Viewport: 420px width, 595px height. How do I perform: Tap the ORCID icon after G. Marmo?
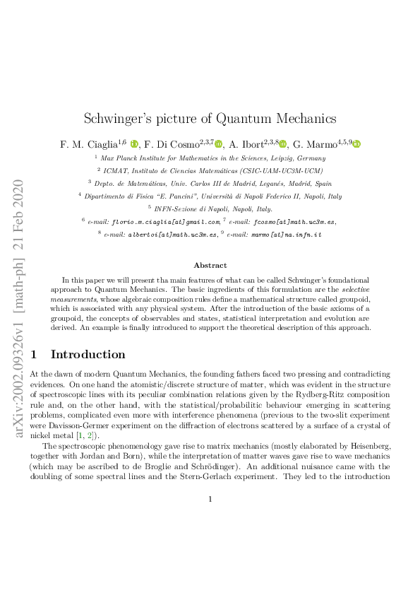(356, 144)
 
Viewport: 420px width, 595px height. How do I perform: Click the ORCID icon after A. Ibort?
(282, 144)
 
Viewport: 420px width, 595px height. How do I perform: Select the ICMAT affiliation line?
(210, 170)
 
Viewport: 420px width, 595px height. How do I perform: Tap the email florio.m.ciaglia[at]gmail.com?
(169, 221)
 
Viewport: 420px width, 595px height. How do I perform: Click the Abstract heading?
(210, 266)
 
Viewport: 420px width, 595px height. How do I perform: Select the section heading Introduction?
(88, 354)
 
